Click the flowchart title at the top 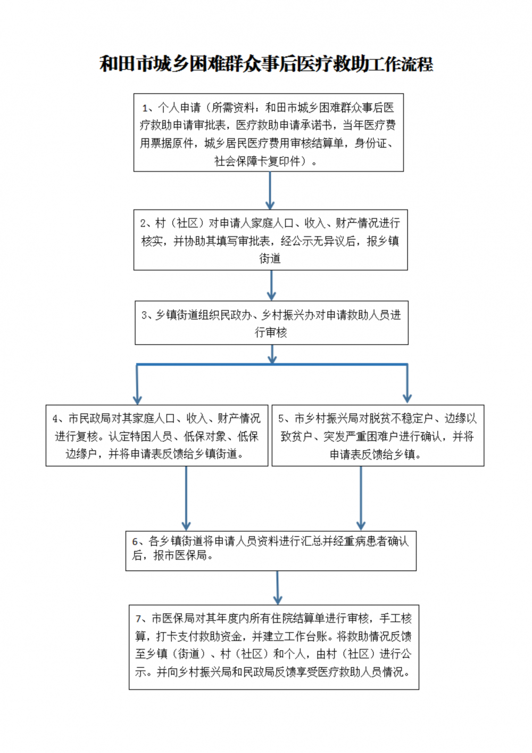[267, 64]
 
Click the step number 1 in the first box [145, 108]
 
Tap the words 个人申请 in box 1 [179, 108]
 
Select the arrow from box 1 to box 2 [270, 191]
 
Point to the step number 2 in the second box [143, 224]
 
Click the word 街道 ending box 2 [270, 258]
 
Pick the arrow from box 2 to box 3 [271, 285]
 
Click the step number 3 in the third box [144, 315]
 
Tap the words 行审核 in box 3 [271, 332]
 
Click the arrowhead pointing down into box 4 [137, 399]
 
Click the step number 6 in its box [135, 542]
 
